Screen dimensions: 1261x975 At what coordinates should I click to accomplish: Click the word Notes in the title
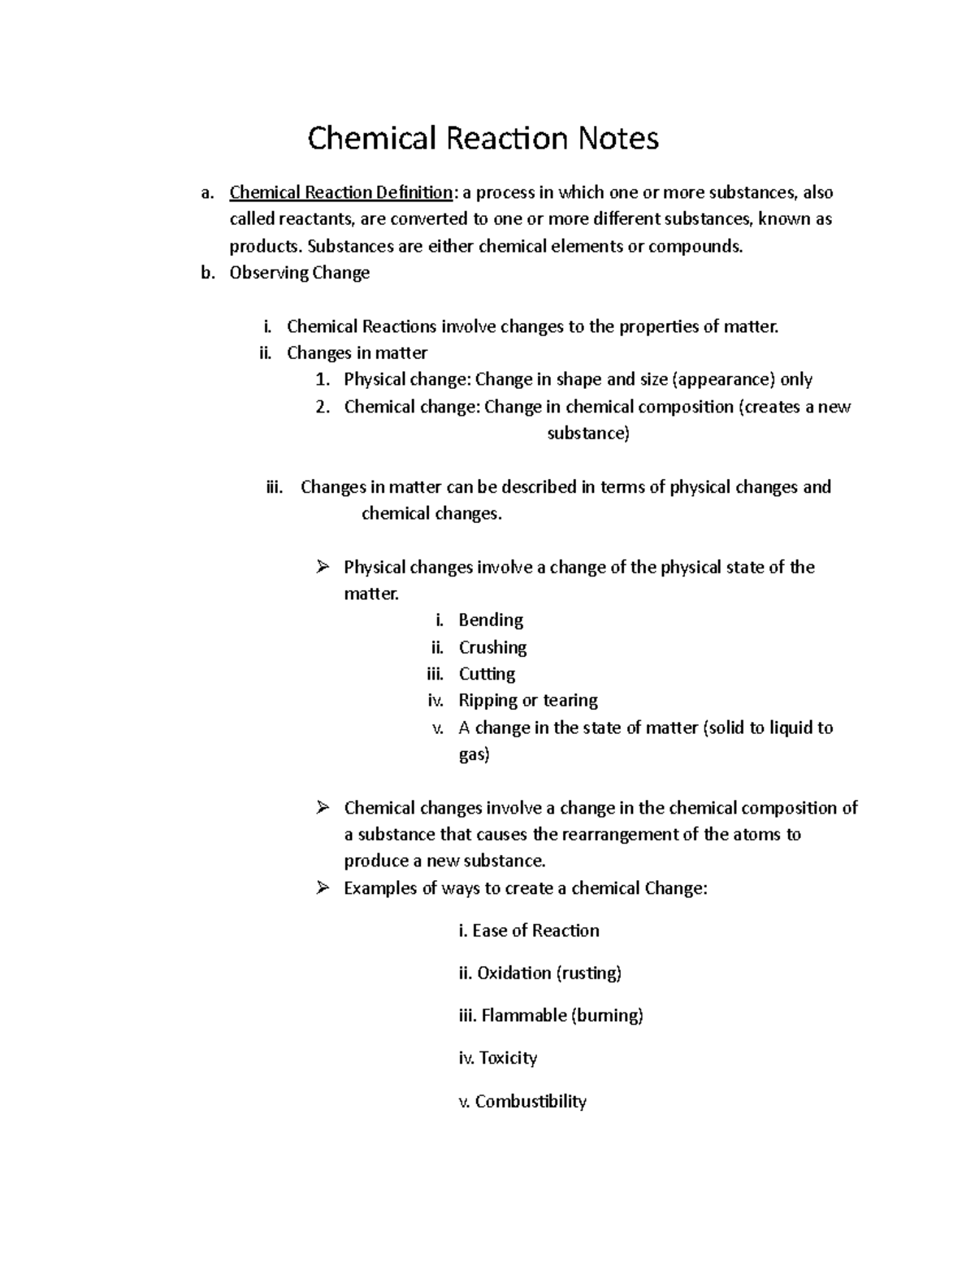coord(617,139)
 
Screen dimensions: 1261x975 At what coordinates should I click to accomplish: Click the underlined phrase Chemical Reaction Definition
coord(340,192)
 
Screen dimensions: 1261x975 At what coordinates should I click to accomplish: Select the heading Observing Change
coord(299,273)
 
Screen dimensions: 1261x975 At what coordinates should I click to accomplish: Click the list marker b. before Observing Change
coord(208,273)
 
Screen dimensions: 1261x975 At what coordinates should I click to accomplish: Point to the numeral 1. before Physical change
coord(323,379)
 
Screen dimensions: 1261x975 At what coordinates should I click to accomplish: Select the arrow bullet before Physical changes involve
coord(323,567)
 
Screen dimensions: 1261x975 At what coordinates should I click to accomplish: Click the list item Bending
coord(491,620)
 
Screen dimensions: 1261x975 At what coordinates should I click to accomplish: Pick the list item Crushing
coord(492,647)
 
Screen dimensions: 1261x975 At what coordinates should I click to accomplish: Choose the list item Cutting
coord(487,674)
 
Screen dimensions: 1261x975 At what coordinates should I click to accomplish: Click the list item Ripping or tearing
coord(527,700)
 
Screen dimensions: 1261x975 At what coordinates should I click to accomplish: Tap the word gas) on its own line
coord(474,754)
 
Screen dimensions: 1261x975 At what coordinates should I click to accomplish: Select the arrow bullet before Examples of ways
coord(323,887)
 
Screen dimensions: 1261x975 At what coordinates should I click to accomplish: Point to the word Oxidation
coord(513,973)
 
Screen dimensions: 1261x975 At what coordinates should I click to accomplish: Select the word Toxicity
coord(508,1058)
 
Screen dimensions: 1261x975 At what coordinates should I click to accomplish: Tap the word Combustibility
coord(531,1101)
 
